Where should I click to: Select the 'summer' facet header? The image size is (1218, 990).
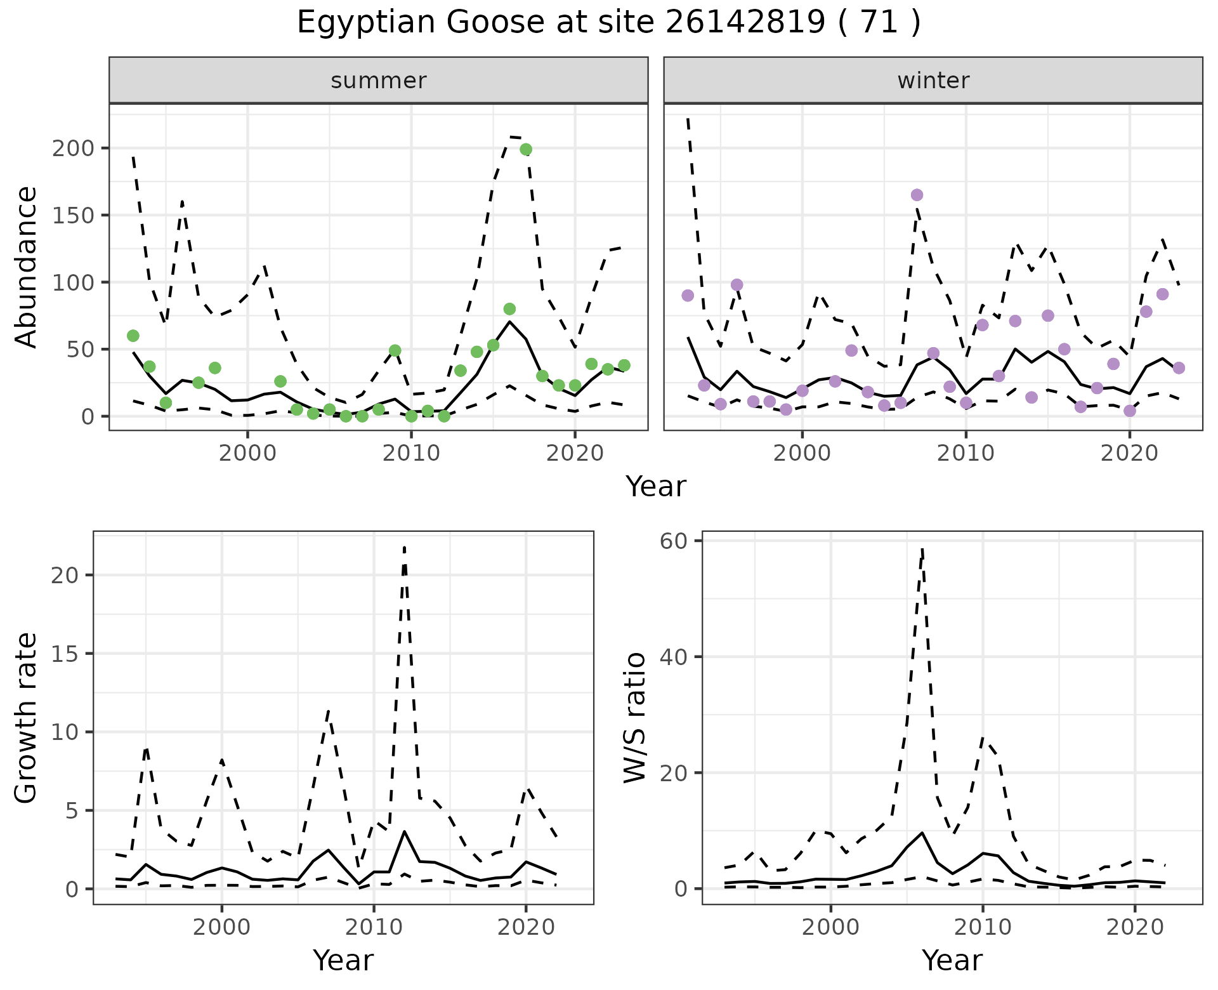point(378,81)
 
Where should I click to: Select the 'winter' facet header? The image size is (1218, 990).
point(933,81)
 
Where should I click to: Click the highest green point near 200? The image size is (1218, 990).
point(525,150)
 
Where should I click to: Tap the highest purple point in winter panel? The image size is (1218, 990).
point(917,195)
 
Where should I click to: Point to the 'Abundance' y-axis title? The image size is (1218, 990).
point(27,267)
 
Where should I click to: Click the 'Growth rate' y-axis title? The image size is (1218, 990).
point(27,717)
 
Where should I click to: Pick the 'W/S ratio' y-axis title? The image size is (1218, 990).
point(635,717)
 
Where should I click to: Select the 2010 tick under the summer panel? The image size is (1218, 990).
point(411,453)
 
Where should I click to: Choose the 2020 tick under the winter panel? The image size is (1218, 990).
point(1129,453)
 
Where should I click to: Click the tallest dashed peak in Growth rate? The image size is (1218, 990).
point(404,547)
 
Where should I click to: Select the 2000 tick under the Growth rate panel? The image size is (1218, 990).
point(221,927)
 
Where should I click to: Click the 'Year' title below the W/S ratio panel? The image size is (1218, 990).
point(952,960)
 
